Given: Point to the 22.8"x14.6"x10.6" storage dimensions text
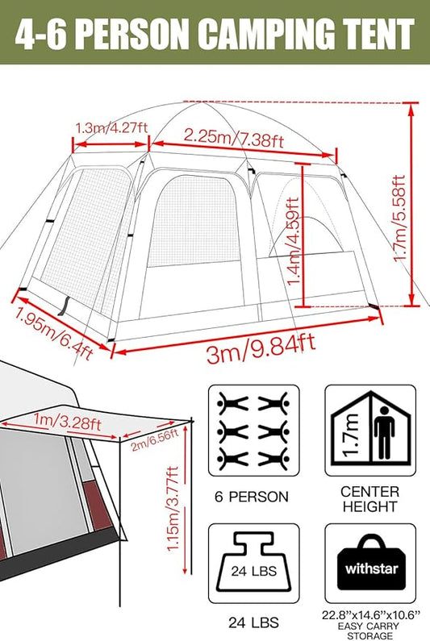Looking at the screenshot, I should tap(372, 616).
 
